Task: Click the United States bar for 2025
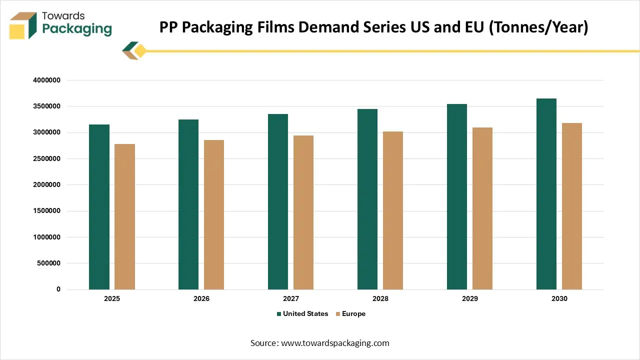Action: coord(99,207)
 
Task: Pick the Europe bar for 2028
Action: coord(393,210)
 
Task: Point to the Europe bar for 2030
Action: coord(572,206)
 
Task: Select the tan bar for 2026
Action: coord(214,214)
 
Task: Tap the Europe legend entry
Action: coord(353,314)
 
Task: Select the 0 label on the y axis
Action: coord(58,289)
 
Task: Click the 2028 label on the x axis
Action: coord(380,298)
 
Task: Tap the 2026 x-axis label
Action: coord(201,298)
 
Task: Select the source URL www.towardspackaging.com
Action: coord(335,343)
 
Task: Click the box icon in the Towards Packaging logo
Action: coord(23,25)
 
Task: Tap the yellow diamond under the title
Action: coord(140,51)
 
